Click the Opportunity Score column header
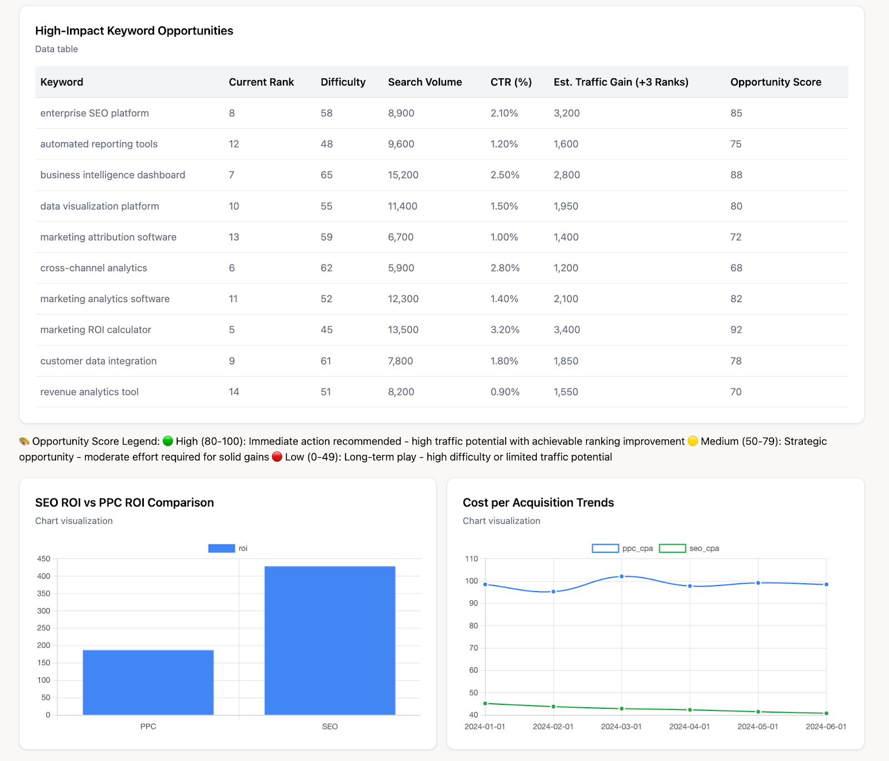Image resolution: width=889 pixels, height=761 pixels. tap(775, 82)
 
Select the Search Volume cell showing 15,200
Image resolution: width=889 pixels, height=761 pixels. tap(403, 175)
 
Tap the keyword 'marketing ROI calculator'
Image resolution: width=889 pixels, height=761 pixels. tap(96, 330)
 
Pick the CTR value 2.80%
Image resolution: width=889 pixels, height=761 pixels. tap(505, 268)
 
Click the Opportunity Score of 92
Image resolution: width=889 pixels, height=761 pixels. tap(736, 330)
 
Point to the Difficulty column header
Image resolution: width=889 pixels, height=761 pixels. tap(343, 82)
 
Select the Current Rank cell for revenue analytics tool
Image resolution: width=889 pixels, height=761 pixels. tap(234, 392)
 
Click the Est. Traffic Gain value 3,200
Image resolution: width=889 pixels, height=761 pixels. tap(566, 113)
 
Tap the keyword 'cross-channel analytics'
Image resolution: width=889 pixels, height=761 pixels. tap(93, 268)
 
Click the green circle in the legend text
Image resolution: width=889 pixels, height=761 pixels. tap(168, 442)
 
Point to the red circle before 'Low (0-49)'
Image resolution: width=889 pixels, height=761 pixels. tap(277, 457)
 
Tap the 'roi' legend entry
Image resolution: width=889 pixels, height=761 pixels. tap(228, 548)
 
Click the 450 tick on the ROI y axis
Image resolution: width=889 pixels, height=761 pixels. tap(44, 559)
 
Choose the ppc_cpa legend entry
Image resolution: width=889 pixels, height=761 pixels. tap(622, 548)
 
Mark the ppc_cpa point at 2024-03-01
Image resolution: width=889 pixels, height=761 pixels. tap(622, 577)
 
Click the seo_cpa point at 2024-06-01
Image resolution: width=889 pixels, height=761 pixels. tap(826, 713)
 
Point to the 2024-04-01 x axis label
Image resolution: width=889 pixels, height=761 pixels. tap(690, 727)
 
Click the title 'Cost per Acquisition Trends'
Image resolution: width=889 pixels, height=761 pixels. tap(538, 503)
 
